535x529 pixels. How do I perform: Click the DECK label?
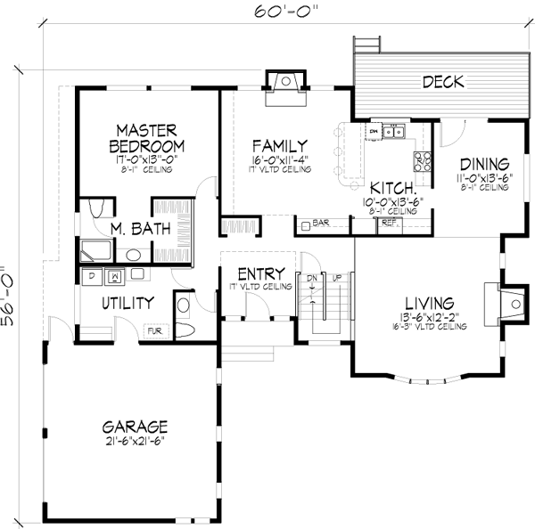[x=443, y=82]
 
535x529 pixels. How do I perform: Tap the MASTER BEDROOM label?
[x=147, y=138]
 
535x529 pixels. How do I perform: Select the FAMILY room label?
[x=279, y=146]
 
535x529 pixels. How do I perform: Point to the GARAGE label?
[x=134, y=426]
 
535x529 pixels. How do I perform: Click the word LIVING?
[x=428, y=302]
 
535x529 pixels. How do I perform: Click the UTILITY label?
[x=128, y=303]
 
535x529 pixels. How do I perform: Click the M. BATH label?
[x=135, y=229]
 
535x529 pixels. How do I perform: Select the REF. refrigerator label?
[x=388, y=224]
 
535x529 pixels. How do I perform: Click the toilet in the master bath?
[x=99, y=208]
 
